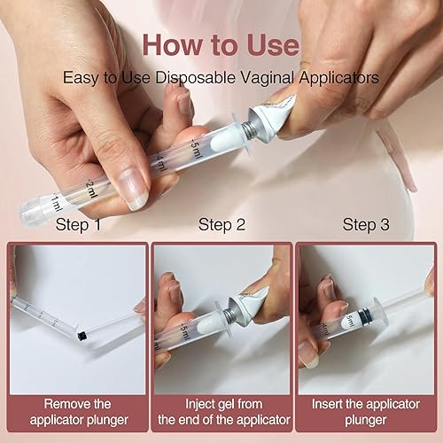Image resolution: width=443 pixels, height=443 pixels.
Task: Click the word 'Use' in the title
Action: tap(272, 43)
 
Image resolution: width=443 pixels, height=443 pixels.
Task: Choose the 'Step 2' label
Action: tap(221, 225)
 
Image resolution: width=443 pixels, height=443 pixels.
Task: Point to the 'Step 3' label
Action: tap(366, 225)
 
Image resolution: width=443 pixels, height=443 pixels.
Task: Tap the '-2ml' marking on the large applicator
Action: tap(89, 187)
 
